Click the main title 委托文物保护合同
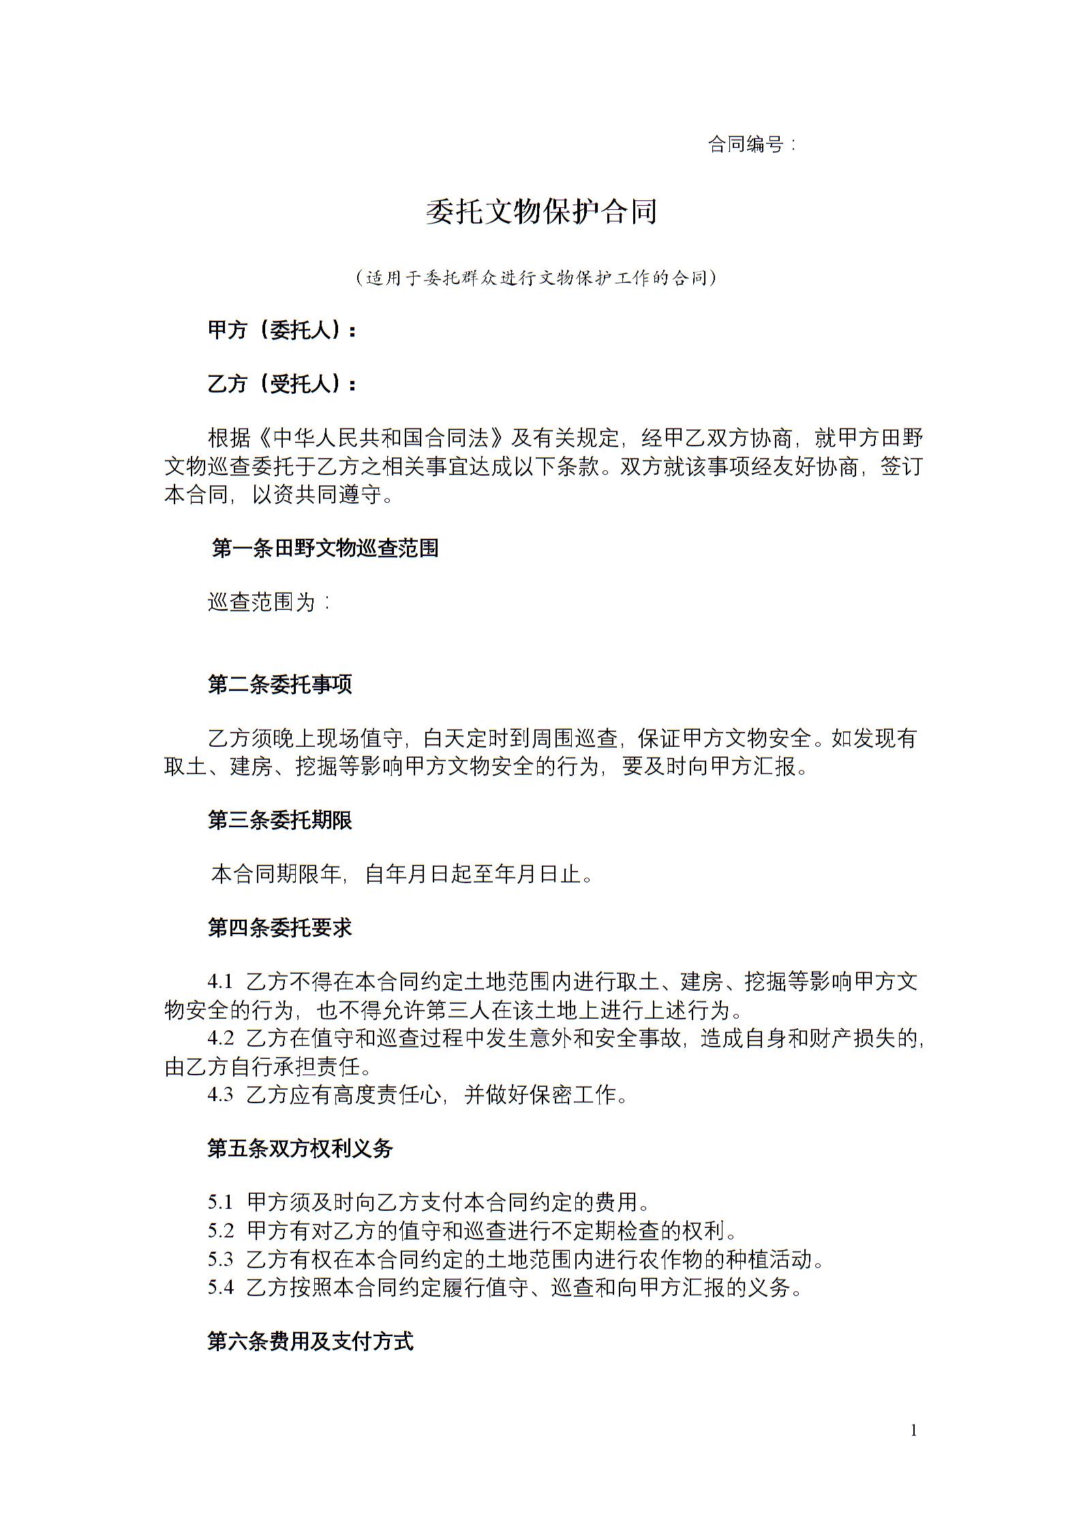[541, 212]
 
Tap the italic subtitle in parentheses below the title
[536, 278]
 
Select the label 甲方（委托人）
[281, 330]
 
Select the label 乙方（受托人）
[281, 384]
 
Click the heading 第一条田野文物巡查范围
[325, 549]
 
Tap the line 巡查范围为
[269, 602]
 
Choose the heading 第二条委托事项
[279, 684]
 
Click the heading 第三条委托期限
[279, 820]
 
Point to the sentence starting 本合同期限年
[402, 874]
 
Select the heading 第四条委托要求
[279, 927]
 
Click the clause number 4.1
[220, 982]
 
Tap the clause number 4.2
[220, 1038]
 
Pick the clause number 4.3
[220, 1095]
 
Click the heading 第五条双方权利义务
[300, 1149]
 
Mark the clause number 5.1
[220, 1202]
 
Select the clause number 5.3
[220, 1259]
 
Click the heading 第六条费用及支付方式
[310, 1342]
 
